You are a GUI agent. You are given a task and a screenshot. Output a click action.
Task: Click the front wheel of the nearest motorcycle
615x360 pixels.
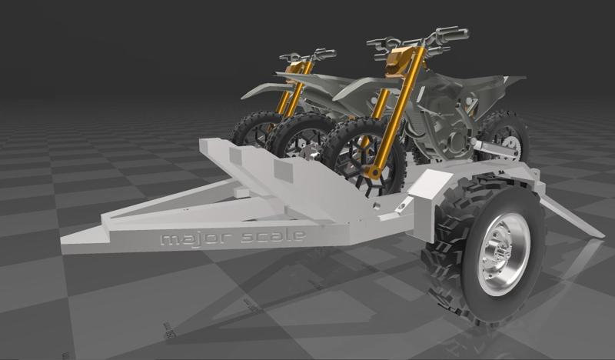(x=361, y=154)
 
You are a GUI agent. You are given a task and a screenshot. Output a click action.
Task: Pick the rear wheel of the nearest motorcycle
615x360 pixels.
(x=504, y=135)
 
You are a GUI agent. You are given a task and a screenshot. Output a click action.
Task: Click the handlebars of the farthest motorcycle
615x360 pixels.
(x=307, y=55)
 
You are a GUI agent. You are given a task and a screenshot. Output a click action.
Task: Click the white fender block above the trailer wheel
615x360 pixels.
(x=431, y=185)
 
